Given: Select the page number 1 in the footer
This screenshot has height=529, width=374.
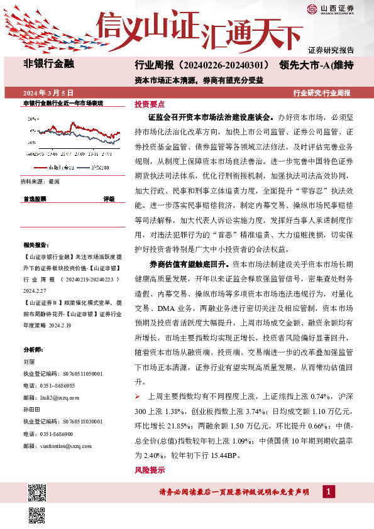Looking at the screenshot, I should tap(327, 491).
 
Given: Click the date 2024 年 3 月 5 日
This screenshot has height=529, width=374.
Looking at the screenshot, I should tap(48, 92).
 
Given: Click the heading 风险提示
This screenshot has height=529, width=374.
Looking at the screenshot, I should tap(150, 470).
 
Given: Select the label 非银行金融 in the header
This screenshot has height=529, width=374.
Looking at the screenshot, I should tap(48, 63).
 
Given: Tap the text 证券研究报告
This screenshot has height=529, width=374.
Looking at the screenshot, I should tap(331, 50).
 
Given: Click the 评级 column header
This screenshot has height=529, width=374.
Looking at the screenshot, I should tap(109, 199).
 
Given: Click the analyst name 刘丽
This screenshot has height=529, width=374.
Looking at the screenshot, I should tap(28, 362).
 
